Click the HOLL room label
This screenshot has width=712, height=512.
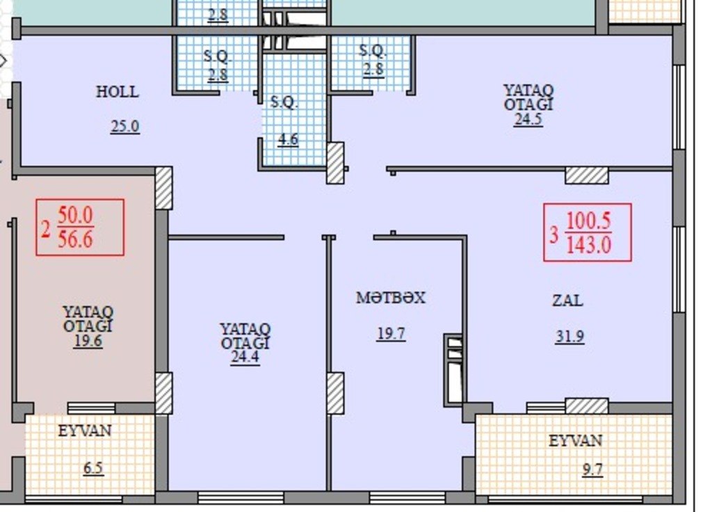point(117,92)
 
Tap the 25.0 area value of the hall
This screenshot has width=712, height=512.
point(125,126)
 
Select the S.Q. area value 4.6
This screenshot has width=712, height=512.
point(289,138)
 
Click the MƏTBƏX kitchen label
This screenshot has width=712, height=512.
point(391,298)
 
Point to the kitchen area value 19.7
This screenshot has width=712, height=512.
point(391,334)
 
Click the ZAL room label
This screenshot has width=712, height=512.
point(567,301)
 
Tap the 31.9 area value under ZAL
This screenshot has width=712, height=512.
point(570,337)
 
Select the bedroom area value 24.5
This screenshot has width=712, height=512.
point(528,119)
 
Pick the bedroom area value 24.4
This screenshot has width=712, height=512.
point(245,357)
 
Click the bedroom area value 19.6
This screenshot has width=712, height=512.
point(88,341)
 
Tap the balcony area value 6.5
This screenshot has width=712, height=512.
point(93,467)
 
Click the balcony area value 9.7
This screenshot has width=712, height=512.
point(592,469)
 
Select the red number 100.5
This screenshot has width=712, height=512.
point(588,221)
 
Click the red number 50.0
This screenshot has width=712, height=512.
point(75,216)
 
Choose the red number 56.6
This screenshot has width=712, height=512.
point(75,239)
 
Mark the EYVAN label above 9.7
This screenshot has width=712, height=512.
point(575,440)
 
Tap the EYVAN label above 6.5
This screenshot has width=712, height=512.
point(85,430)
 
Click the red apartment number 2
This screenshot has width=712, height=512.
point(45,230)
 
